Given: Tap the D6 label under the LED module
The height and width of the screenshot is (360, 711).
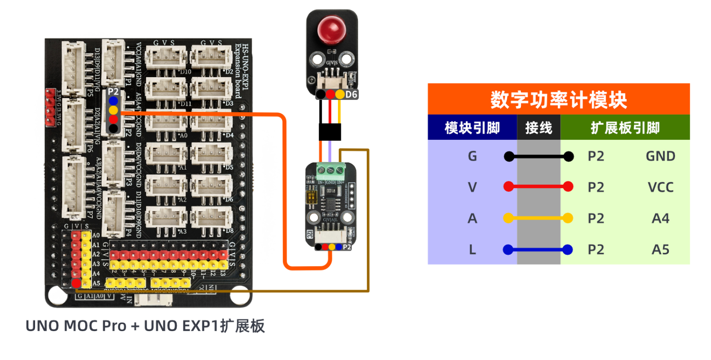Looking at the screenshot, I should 351,95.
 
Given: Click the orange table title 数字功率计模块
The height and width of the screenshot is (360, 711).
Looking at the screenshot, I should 558,100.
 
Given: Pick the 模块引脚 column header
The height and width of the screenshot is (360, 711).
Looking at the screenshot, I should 472,128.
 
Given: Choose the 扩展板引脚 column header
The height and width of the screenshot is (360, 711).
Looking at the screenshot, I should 625,128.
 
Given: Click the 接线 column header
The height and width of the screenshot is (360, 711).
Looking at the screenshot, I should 538,128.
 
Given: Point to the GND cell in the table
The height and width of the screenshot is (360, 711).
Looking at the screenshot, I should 660,156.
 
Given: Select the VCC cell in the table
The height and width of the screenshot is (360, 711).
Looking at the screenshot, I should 660,188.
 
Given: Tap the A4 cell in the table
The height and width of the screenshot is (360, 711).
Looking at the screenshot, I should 660,218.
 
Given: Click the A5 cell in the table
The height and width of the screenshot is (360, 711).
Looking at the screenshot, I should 660,250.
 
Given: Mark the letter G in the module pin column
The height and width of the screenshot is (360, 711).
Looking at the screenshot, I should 472,156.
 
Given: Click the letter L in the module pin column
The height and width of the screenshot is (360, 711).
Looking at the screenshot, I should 472,250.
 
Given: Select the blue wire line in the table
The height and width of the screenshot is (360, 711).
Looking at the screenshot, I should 538,250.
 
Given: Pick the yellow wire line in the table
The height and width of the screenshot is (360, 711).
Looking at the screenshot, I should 538,218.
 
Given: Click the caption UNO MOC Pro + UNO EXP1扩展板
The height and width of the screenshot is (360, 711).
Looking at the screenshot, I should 145,326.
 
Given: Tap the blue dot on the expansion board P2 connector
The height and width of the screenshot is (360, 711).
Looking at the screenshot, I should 113,101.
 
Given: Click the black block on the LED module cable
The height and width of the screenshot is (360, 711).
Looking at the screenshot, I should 330,132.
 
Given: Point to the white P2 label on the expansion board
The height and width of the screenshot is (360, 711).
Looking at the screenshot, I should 113,91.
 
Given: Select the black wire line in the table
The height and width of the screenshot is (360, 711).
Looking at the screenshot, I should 538,156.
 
